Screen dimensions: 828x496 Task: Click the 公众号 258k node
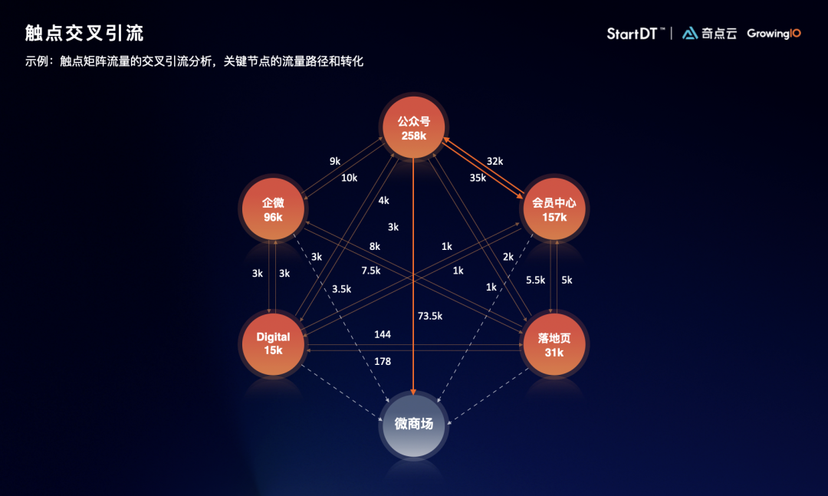click(x=413, y=127)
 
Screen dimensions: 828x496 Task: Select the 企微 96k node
click(x=273, y=209)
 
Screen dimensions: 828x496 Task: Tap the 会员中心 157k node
click(x=554, y=209)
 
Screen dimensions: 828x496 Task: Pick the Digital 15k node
click(x=273, y=344)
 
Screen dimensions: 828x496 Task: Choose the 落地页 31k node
click(x=554, y=344)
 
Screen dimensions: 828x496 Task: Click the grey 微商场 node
click(x=413, y=424)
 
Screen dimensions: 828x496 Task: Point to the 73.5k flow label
click(x=430, y=316)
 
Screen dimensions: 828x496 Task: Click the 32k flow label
click(x=495, y=161)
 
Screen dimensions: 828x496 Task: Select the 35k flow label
click(x=478, y=178)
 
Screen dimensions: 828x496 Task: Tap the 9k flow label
click(x=335, y=161)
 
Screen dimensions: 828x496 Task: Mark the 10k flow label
click(x=349, y=178)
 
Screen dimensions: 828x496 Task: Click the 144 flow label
click(x=383, y=334)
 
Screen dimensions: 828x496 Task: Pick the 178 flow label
click(x=383, y=361)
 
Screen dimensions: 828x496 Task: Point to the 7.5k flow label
click(x=371, y=271)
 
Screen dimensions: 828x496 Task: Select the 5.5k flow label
click(x=535, y=280)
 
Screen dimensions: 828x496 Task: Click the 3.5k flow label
click(x=341, y=289)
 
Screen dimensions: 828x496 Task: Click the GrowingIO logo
click(x=774, y=34)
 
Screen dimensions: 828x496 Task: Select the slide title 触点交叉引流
click(x=84, y=33)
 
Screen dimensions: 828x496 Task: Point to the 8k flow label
click(x=374, y=246)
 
